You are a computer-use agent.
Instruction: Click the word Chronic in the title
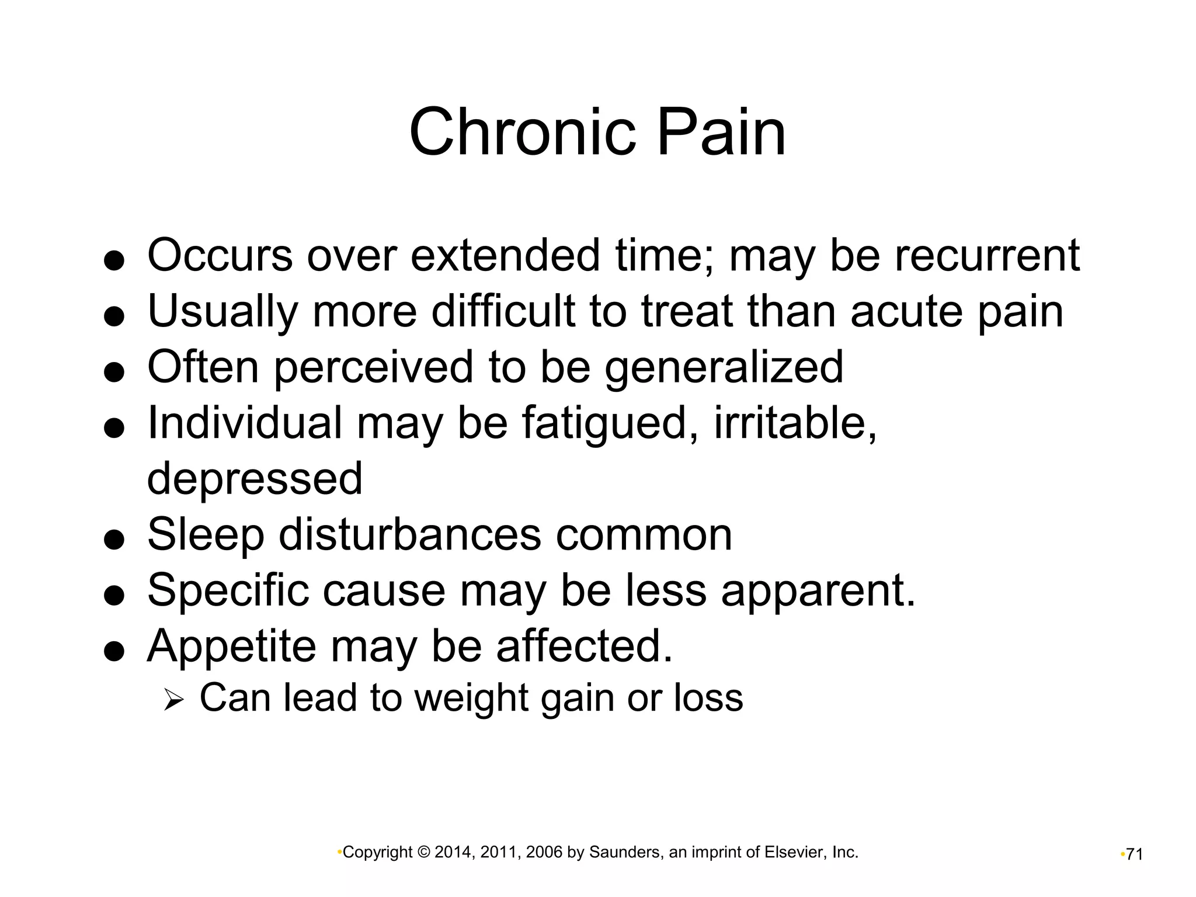point(522,133)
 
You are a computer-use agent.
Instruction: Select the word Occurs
point(220,255)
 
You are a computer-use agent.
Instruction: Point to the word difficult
point(503,311)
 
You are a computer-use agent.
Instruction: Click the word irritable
point(795,423)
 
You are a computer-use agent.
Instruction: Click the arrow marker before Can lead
point(173,699)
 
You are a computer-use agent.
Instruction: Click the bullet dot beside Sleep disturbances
point(114,540)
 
